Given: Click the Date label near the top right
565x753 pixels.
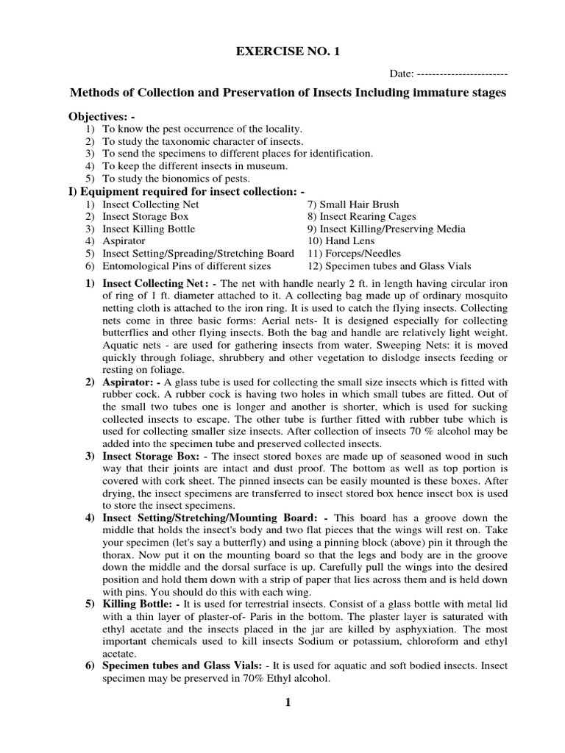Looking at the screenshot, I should pyautogui.click(x=402, y=74).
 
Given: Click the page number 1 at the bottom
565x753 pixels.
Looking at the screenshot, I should pyautogui.click(x=288, y=703).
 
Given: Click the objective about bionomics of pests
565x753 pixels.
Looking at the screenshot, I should pyautogui.click(x=176, y=179).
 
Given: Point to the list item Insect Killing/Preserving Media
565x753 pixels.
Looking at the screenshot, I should pyautogui.click(x=386, y=229).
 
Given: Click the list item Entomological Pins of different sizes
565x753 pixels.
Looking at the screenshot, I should pyautogui.click(x=186, y=265).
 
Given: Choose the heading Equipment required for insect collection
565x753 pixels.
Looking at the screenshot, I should pyautogui.click(x=186, y=191).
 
